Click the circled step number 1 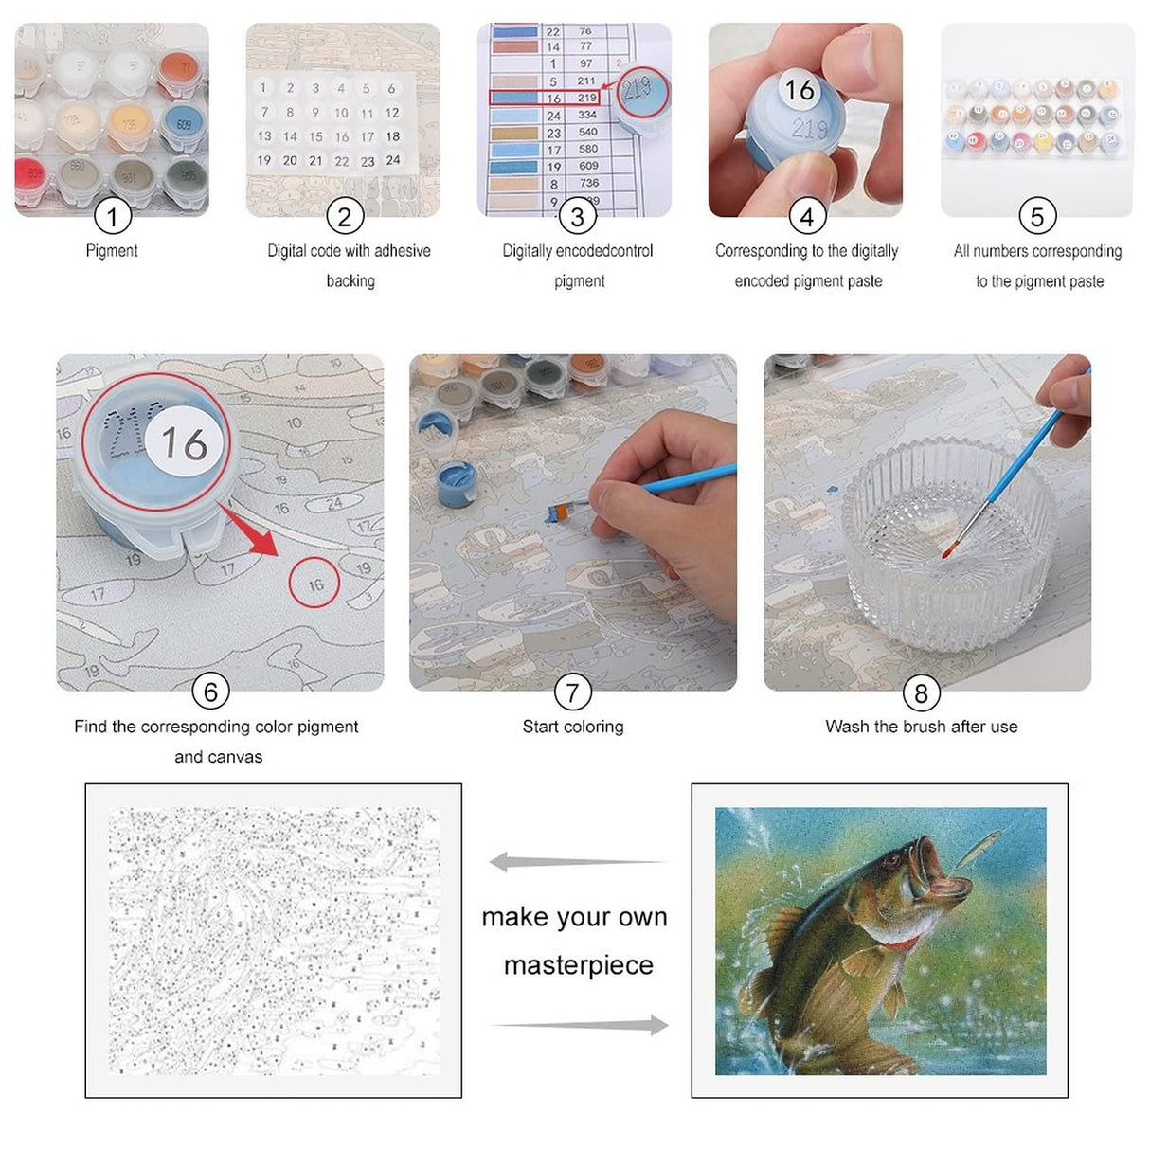pos(112,217)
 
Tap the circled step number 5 pos(1037,217)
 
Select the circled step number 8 pos(921,693)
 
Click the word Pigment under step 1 pos(112,251)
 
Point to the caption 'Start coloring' pos(573,727)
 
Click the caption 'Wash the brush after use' pos(921,727)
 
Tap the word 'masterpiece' pos(578,964)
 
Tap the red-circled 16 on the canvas pos(315,584)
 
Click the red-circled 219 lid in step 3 pos(641,91)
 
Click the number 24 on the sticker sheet pos(393,160)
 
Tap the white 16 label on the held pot pos(800,90)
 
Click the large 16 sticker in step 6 pos(184,442)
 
